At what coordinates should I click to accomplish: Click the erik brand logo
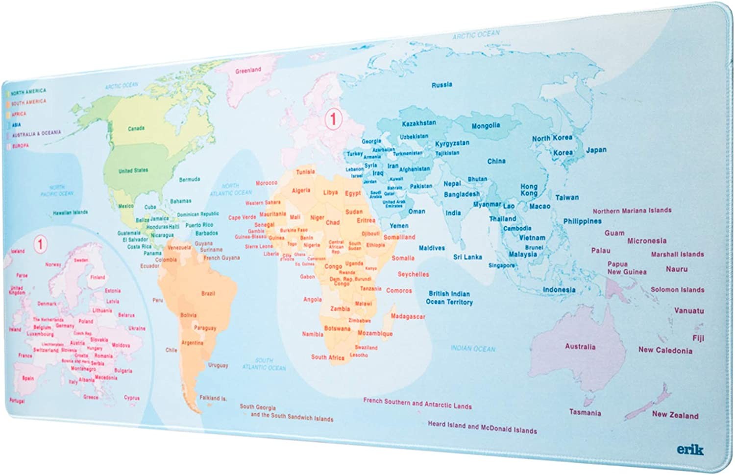pyautogui.click(x=690, y=449)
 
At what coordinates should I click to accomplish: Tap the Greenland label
pyautogui.click(x=248, y=71)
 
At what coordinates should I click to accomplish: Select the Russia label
pyautogui.click(x=441, y=85)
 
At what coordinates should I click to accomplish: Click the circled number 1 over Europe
pyautogui.click(x=333, y=119)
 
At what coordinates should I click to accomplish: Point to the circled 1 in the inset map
pyautogui.click(x=40, y=243)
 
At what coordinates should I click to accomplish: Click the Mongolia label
pyautogui.click(x=485, y=126)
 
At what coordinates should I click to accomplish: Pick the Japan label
pyautogui.click(x=596, y=150)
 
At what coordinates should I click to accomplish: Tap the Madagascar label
pyautogui.click(x=407, y=316)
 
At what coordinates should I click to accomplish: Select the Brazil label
pyautogui.click(x=208, y=293)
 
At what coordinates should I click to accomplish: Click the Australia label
pyautogui.click(x=580, y=347)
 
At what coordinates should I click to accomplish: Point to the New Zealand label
pyautogui.click(x=675, y=415)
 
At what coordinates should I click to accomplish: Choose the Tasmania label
pyautogui.click(x=585, y=412)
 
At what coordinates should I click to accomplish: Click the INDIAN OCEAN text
pyautogui.click(x=472, y=349)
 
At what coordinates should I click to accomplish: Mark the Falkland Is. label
pyautogui.click(x=213, y=398)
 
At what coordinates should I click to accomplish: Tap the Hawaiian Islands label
pyautogui.click(x=70, y=213)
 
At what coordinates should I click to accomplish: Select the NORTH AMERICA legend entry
pyautogui.click(x=28, y=92)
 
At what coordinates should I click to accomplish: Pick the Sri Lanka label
pyautogui.click(x=467, y=257)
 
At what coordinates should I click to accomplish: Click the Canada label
pyautogui.click(x=136, y=128)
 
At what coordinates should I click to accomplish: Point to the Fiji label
pyautogui.click(x=698, y=338)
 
